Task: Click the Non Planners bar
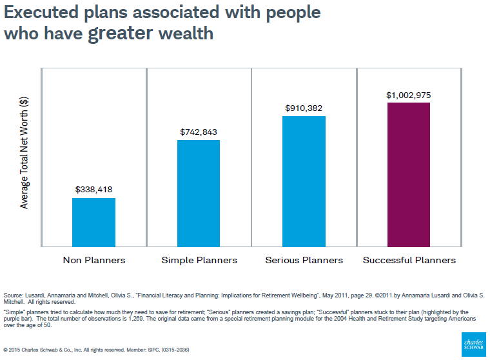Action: [93, 222]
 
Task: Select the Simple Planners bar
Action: [199, 193]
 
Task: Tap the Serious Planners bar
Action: [304, 181]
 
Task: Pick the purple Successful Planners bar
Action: [408, 174]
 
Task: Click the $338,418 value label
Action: [94, 190]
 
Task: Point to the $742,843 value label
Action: [199, 132]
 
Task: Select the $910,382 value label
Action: [304, 108]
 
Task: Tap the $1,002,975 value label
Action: [408, 95]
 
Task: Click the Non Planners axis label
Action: [94, 260]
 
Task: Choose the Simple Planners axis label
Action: [199, 260]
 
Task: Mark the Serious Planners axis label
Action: [304, 260]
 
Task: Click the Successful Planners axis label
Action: [409, 260]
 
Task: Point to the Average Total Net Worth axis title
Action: [24, 152]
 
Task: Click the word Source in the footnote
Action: [13, 295]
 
